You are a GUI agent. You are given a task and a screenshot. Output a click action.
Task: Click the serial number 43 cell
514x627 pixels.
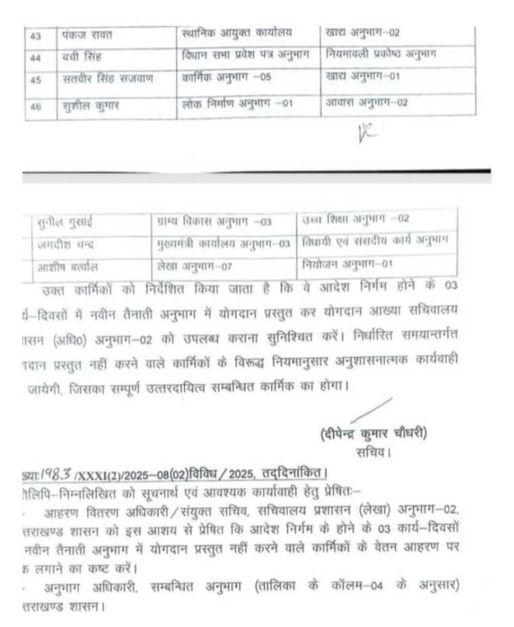pos(35,36)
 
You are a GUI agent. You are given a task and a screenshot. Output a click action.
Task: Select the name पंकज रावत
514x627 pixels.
pos(87,35)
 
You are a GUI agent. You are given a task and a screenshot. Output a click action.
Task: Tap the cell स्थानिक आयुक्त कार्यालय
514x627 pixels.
pos(237,33)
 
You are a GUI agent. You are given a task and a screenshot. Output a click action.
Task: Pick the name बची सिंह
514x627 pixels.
pos(81,58)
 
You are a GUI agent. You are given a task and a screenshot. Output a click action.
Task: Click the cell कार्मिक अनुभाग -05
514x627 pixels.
pos(226,77)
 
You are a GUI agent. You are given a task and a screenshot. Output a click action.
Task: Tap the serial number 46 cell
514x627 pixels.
pos(35,106)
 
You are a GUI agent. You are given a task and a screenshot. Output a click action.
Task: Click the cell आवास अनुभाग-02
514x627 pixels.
pos(366,102)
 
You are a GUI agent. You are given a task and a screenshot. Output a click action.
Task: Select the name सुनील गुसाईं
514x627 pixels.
pos(65,222)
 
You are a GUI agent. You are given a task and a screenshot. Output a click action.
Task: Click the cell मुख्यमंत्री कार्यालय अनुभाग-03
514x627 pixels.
pos(223,244)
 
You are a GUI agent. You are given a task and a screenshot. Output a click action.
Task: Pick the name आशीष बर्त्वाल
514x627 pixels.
pos(68,267)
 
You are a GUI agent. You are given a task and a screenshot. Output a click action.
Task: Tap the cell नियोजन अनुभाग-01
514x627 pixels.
pos(347,263)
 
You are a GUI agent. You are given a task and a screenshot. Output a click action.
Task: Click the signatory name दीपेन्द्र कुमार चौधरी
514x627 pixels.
pos(374,433)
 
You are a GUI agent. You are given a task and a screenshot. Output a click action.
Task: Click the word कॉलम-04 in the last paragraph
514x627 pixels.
pos(357,586)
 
